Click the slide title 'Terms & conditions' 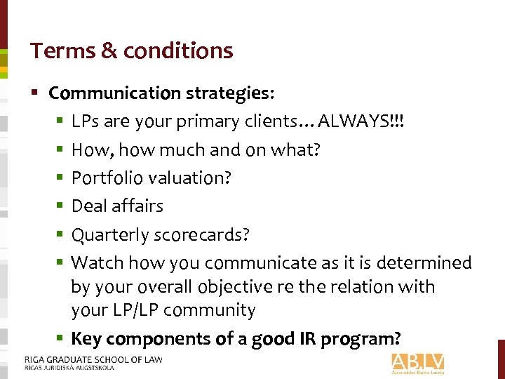coord(131,51)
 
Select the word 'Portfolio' coord(103,178)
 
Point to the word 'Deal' coord(88,206)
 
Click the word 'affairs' coord(137,206)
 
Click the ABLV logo coord(418,363)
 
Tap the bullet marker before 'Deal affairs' coord(62,206)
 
